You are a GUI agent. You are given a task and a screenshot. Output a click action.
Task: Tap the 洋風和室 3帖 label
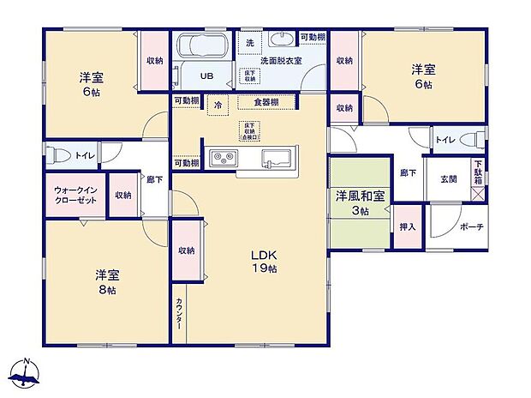point(360,202)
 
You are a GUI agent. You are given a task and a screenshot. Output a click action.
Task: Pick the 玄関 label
point(449,179)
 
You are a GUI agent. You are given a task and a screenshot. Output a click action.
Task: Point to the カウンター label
point(177,311)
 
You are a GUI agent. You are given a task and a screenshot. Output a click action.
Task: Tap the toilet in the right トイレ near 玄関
point(468,140)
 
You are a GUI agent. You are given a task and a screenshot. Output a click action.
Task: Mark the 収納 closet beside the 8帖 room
point(186,250)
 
